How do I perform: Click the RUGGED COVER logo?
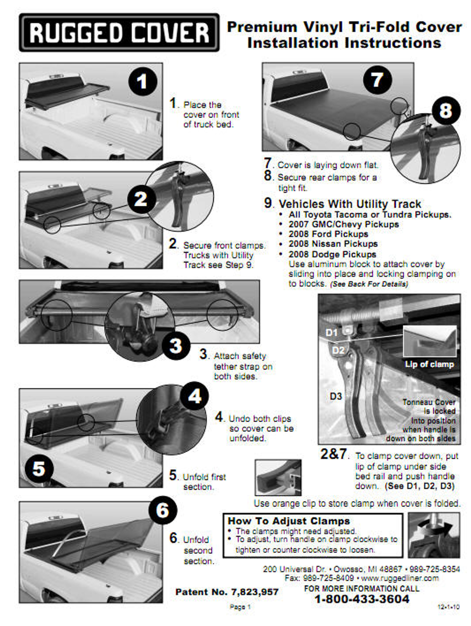click(x=119, y=33)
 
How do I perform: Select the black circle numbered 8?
click(x=446, y=111)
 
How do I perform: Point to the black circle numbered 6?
click(x=163, y=510)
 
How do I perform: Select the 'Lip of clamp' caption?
click(x=429, y=364)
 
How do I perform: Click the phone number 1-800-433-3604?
click(x=362, y=599)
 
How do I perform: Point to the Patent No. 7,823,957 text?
click(x=227, y=592)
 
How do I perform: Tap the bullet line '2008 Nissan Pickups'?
click(x=333, y=244)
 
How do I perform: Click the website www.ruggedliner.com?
click(x=400, y=578)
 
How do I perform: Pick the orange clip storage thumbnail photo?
click(x=278, y=477)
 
